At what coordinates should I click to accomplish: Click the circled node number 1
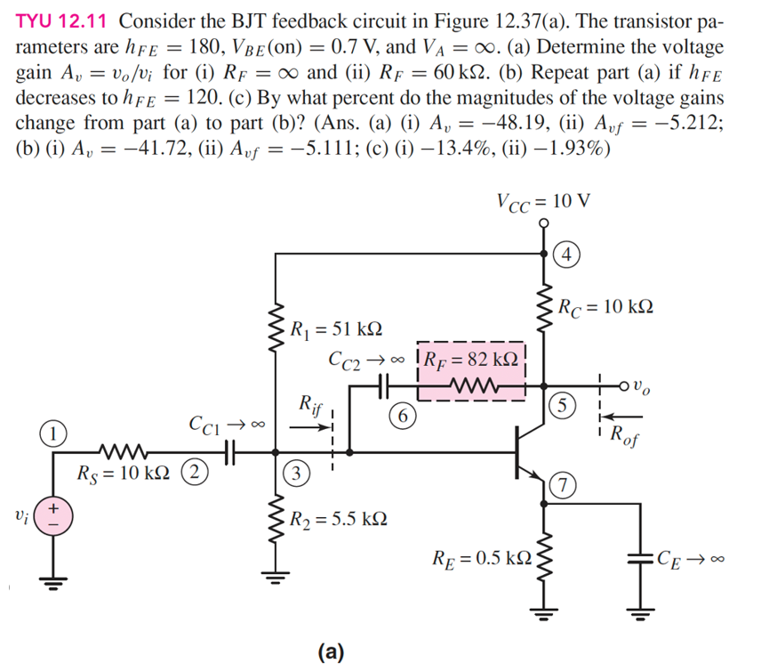(x=53, y=435)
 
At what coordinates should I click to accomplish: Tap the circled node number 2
(x=191, y=471)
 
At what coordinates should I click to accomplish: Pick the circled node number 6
(x=404, y=416)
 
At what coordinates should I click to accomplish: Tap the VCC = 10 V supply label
(x=543, y=199)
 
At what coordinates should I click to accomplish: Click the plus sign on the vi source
(x=53, y=507)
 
